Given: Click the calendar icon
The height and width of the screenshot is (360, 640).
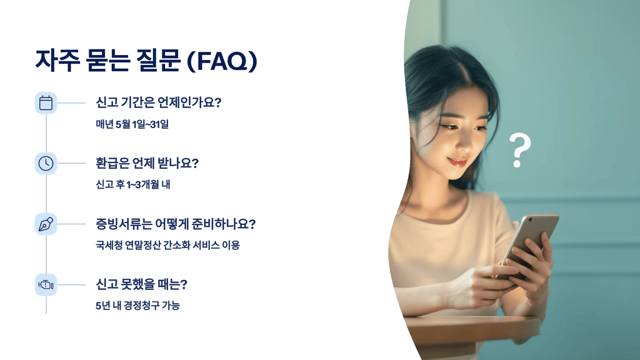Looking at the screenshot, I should tap(46, 102).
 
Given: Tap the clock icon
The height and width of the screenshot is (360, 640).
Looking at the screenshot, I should tap(46, 163).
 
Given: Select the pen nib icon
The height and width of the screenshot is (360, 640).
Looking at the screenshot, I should tap(46, 224).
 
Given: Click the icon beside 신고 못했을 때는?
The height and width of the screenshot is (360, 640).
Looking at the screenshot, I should tap(46, 285).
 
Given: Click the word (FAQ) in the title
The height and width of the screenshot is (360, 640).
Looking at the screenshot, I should tap(222, 61).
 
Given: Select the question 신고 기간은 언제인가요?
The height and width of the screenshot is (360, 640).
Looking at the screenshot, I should tap(158, 102).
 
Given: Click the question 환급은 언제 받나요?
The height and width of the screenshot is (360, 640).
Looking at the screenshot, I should tap(147, 164).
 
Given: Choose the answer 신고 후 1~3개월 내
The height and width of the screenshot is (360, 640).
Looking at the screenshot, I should tap(129, 185).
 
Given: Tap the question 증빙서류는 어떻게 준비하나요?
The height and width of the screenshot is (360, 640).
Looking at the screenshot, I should tap(176, 224).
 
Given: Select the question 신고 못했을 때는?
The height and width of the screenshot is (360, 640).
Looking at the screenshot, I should tap(142, 284).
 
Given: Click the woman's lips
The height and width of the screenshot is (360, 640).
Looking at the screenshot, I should tap(457, 162).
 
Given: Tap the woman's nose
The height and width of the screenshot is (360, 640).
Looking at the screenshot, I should tap(455, 144).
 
